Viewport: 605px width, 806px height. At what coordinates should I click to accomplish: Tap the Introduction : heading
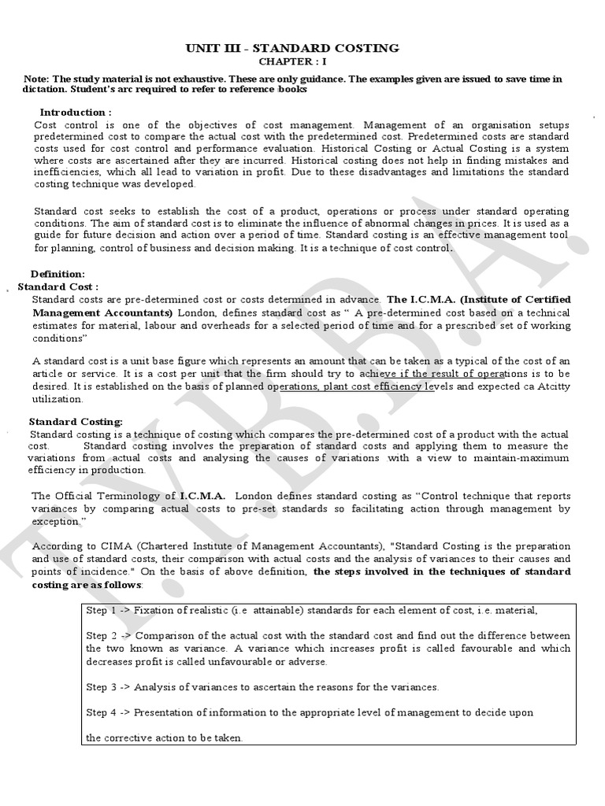click(x=76, y=113)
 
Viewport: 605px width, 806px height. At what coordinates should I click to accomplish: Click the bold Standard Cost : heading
click(x=58, y=287)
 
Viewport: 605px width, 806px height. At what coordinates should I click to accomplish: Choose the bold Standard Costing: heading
click(x=76, y=422)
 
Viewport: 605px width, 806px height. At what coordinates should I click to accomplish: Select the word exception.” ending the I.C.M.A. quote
click(x=59, y=521)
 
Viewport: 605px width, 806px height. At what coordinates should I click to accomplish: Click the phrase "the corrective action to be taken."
click(x=165, y=738)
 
